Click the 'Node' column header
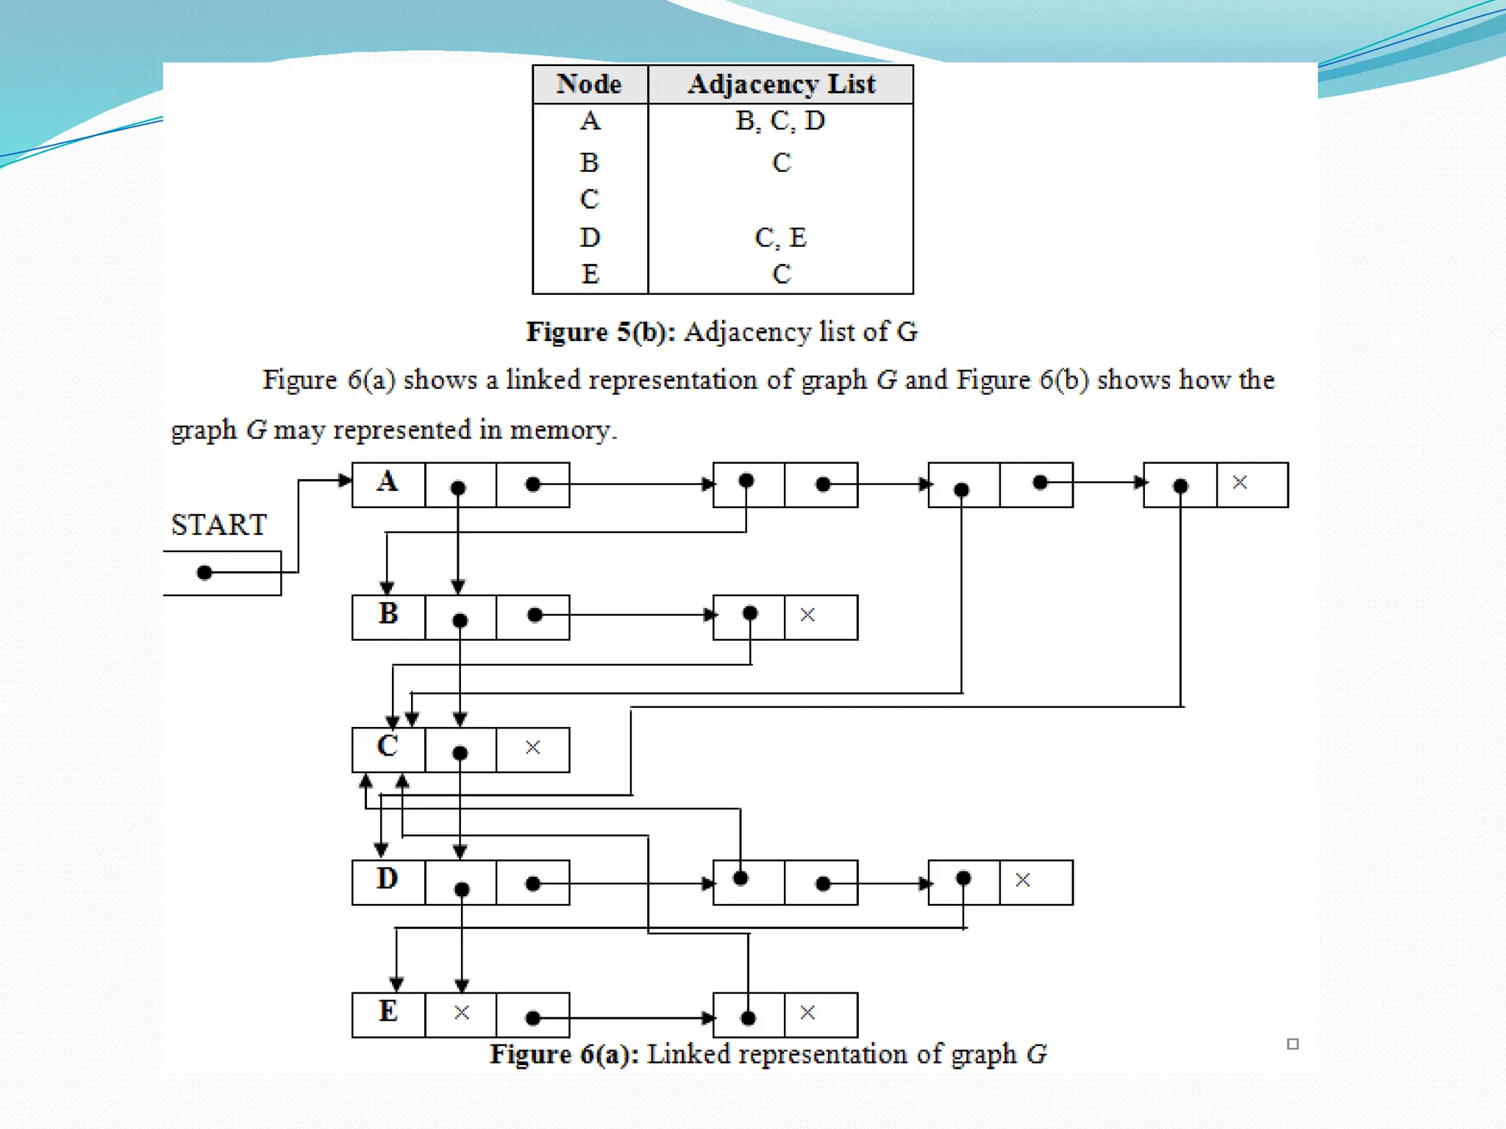589,84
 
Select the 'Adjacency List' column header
781,84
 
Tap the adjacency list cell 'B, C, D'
780,121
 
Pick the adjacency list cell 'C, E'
780,237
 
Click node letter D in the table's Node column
590,237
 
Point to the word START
218,525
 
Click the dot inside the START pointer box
204,573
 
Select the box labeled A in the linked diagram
388,484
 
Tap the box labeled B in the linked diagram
388,616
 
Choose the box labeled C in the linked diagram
388,748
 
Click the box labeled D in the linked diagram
388,881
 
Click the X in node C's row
533,748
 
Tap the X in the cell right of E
462,1012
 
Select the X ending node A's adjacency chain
1240,482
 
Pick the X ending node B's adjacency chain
807,614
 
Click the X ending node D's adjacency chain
1022,880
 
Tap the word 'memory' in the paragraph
560,430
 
